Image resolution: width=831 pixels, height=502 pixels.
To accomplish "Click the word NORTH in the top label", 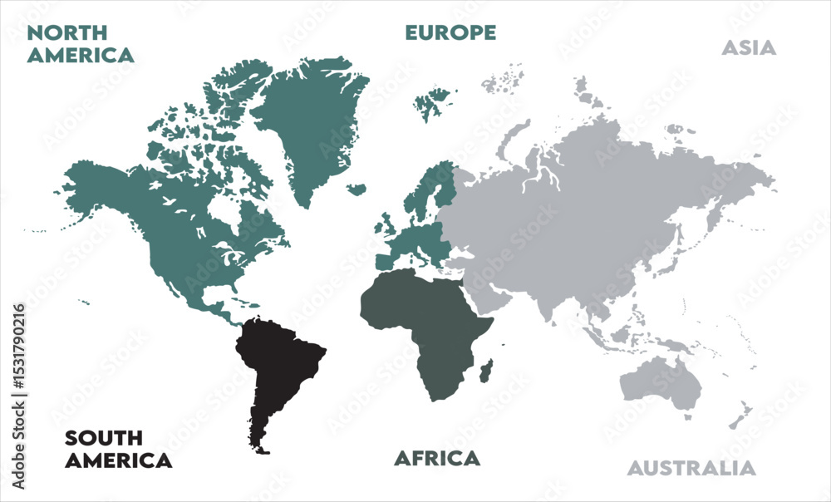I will point(66,33).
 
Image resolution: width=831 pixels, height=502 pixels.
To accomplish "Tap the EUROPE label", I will point(450,32).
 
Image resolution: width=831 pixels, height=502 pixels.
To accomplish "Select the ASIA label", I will point(748,47).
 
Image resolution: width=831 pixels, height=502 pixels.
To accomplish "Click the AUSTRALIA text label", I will point(691,468).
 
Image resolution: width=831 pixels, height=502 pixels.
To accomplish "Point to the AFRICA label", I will point(436,458).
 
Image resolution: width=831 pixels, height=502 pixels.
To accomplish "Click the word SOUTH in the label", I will point(104,438).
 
